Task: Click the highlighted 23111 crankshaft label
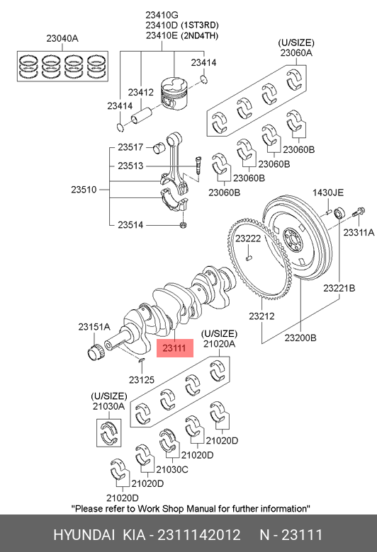(x=174, y=347)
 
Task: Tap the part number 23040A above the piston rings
(x=62, y=38)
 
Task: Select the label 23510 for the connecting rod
(x=84, y=190)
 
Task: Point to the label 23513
(x=130, y=166)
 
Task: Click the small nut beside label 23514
(x=183, y=224)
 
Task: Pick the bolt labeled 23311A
(x=359, y=212)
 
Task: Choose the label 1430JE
(x=327, y=192)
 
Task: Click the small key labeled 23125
(x=141, y=360)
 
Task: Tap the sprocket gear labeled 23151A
(x=95, y=352)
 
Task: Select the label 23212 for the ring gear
(x=261, y=316)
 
